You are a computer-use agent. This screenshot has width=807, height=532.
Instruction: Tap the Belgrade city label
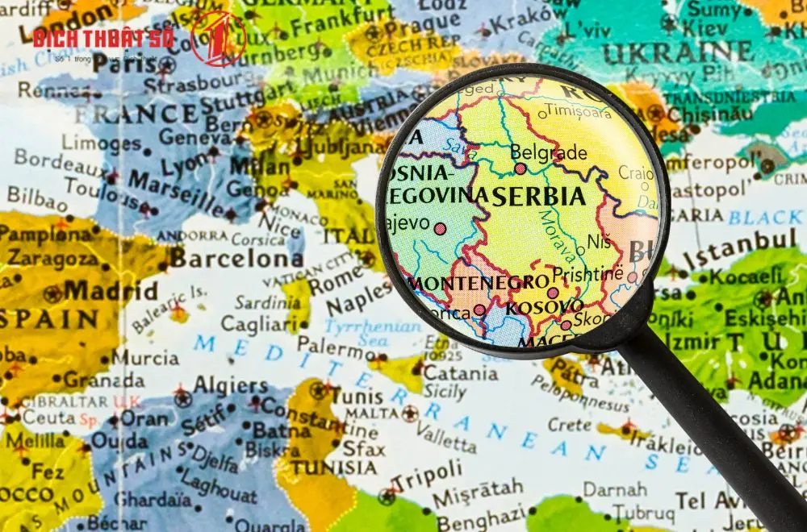537,152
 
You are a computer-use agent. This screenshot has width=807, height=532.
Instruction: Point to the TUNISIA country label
334,468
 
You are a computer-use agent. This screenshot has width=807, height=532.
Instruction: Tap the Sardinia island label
267,302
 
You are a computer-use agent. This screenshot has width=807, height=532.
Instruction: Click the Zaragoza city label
54,258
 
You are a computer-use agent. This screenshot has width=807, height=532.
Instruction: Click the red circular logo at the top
218,39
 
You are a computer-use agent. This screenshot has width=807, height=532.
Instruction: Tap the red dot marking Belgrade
521,169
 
